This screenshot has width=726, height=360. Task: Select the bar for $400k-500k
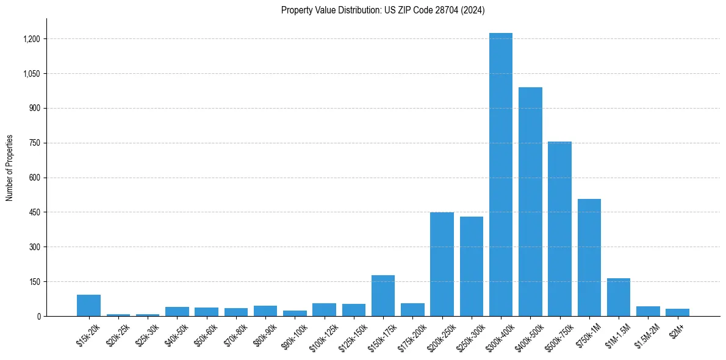(530, 201)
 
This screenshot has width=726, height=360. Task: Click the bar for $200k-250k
(442, 264)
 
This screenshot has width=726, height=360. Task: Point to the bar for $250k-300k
(471, 267)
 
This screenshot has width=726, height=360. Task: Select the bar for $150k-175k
(383, 296)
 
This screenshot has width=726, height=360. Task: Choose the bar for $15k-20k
(88, 306)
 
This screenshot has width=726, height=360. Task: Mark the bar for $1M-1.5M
(619, 297)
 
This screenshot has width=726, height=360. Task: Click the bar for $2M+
(677, 312)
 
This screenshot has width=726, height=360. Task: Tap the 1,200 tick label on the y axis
(31, 39)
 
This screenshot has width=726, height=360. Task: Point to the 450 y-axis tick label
(35, 212)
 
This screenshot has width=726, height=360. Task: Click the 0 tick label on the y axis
(38, 316)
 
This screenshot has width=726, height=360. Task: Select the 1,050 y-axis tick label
(31, 74)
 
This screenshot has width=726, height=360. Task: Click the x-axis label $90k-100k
(293, 335)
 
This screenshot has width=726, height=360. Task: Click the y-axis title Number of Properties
(10, 167)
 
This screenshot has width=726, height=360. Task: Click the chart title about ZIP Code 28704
(383, 10)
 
